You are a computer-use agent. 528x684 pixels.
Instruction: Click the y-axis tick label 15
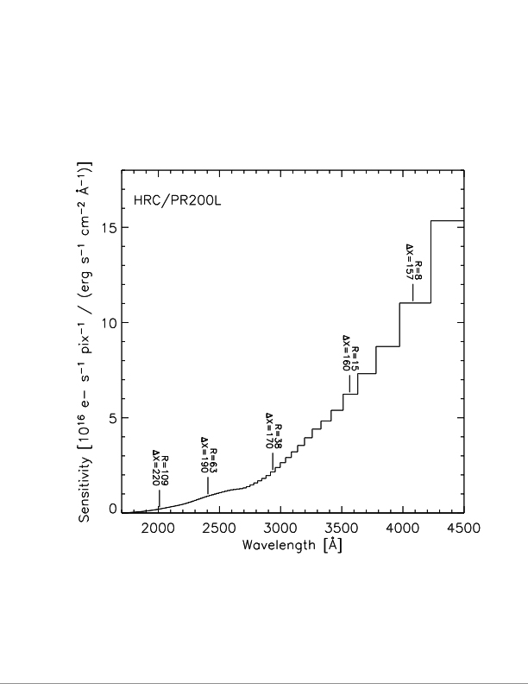(108, 227)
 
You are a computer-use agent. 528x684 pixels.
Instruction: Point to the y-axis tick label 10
(108, 322)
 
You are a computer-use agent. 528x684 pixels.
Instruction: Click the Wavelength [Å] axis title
(292, 546)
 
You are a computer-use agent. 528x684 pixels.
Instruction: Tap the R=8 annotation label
(418, 269)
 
